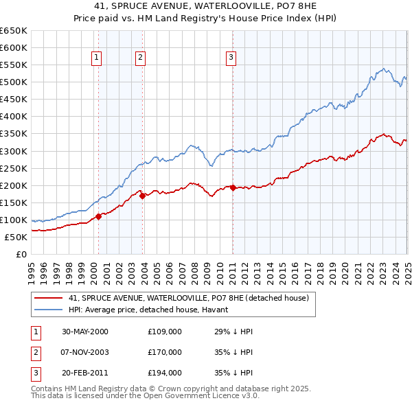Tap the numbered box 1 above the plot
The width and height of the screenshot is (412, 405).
(x=97, y=58)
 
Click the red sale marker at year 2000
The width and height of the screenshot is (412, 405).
(x=98, y=216)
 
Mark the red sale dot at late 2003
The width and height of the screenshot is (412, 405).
(x=143, y=196)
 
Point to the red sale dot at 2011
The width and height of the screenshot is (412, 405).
(x=233, y=187)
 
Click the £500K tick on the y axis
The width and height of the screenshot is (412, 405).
(x=14, y=82)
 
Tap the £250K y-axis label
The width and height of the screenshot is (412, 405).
(x=14, y=168)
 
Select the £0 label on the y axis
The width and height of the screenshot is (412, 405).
(x=22, y=254)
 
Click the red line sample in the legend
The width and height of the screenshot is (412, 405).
(x=48, y=298)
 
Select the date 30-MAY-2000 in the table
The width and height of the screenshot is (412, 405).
(x=85, y=332)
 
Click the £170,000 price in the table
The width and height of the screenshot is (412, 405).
(x=165, y=352)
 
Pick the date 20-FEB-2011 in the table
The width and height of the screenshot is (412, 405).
(x=85, y=373)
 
